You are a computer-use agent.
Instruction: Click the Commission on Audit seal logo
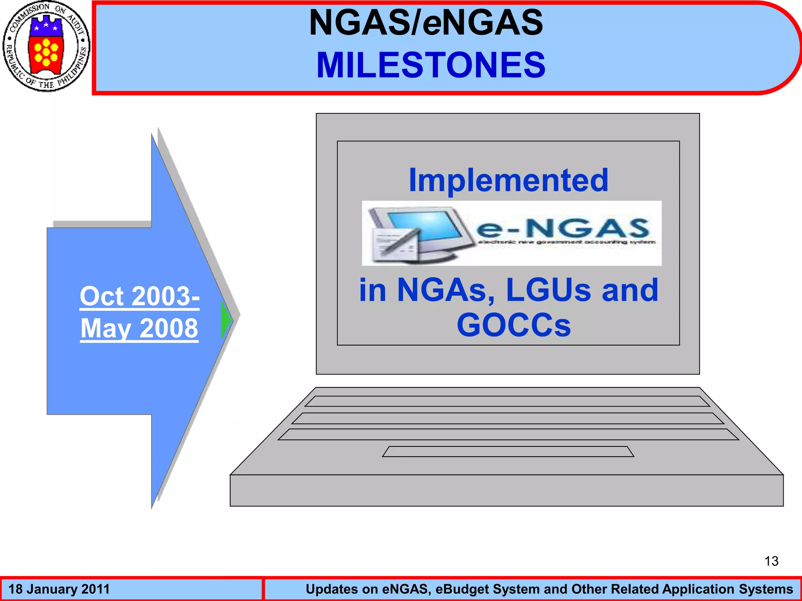click(x=46, y=47)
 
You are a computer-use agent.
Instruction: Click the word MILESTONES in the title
click(x=431, y=65)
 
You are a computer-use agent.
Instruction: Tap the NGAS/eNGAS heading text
click(x=426, y=23)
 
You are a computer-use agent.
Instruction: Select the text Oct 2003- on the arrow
click(x=140, y=296)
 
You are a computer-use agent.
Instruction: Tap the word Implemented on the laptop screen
click(x=508, y=180)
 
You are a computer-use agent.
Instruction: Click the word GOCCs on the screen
click(x=514, y=325)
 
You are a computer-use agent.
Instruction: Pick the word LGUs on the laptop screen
click(x=549, y=290)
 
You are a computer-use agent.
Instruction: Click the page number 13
click(x=771, y=561)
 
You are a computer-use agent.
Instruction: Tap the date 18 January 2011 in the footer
click(x=59, y=589)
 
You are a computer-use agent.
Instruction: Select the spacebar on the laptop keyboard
click(x=508, y=452)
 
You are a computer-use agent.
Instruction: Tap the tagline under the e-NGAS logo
click(x=566, y=242)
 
